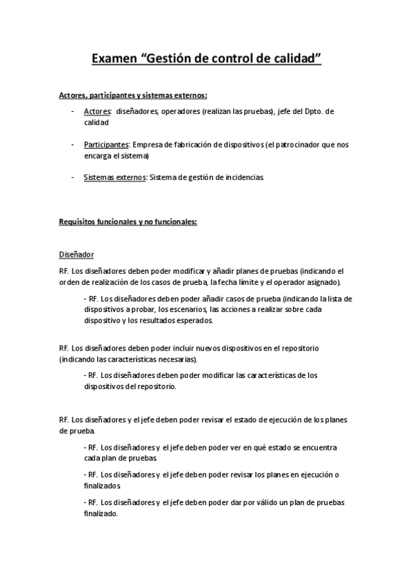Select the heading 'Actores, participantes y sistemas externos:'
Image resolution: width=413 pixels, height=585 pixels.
(133, 95)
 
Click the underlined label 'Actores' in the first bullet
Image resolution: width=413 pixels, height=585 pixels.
(97, 111)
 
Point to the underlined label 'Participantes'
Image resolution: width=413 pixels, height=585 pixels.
(106, 144)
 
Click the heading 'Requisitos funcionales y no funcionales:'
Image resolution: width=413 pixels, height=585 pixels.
(128, 221)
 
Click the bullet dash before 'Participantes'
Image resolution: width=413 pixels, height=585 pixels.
(73, 144)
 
